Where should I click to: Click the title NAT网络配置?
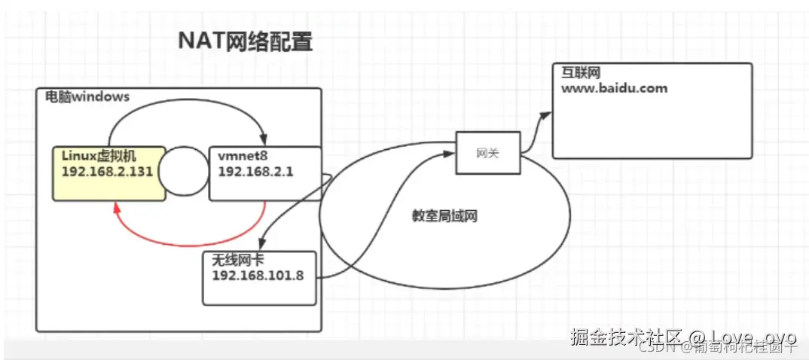(245, 41)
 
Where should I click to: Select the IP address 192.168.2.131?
(108, 171)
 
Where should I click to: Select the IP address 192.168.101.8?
(258, 275)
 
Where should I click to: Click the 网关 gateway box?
(487, 152)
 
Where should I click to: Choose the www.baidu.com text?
(614, 88)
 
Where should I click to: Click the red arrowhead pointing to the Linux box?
(117, 206)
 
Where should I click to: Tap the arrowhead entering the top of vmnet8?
(262, 141)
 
